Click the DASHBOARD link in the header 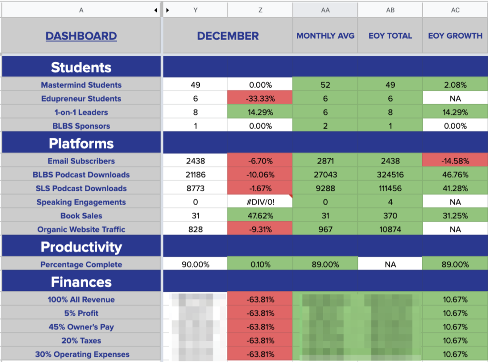click(81, 36)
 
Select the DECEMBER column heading click(228, 36)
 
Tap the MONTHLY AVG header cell click(325, 36)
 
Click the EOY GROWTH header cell click(455, 36)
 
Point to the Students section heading click(81, 67)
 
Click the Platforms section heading click(81, 144)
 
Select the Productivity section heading click(81, 247)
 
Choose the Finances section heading click(81, 282)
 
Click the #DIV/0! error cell click(260, 202)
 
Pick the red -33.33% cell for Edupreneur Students click(260, 99)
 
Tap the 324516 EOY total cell click(390, 175)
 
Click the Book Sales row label click(81, 216)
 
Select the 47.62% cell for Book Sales click(260, 216)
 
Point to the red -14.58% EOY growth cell click(455, 161)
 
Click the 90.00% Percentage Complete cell click(195, 264)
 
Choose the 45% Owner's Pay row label click(81, 327)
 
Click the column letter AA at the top click(325, 10)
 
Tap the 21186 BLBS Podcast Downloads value click(195, 175)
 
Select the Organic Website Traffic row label click(81, 229)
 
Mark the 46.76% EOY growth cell click(455, 175)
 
